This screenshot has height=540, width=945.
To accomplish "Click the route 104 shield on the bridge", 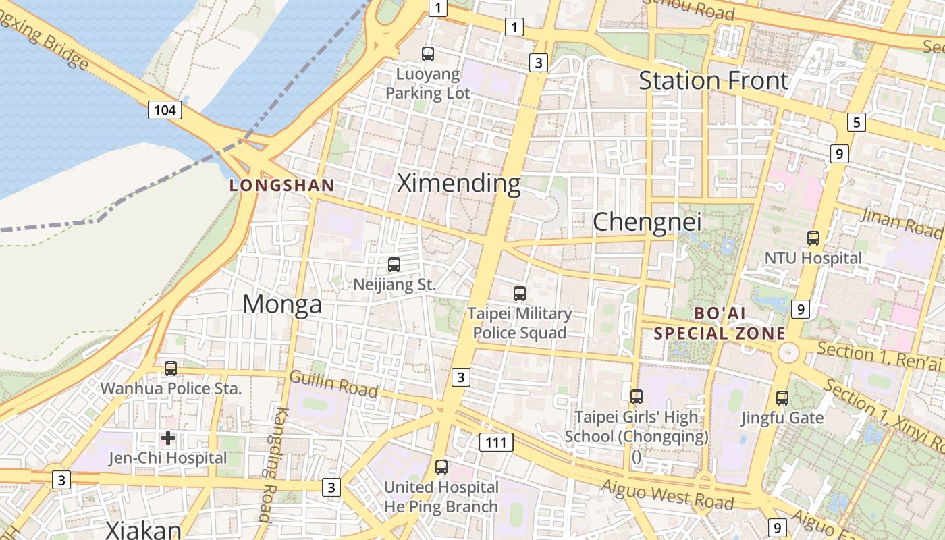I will click(x=165, y=109).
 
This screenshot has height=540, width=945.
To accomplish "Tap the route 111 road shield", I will click(x=496, y=442).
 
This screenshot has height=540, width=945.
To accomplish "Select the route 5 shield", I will click(x=857, y=122).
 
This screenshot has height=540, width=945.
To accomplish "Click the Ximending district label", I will click(x=459, y=183).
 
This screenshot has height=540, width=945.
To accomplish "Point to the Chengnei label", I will click(x=647, y=221).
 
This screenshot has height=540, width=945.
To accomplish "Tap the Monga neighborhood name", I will click(x=282, y=304).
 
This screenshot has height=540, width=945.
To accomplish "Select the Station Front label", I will click(x=713, y=80).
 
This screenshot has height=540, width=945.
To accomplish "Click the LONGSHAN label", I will click(x=282, y=185).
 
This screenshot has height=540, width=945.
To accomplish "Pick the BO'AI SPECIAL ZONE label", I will click(x=720, y=323).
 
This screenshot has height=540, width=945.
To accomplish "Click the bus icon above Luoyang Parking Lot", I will click(x=428, y=54).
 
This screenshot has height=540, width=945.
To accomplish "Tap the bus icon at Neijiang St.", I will click(x=394, y=265).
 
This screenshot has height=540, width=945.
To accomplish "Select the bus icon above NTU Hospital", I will click(x=813, y=238).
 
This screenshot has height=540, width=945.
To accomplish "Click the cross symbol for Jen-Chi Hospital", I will click(x=168, y=439).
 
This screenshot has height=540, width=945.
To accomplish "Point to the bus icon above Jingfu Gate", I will click(x=782, y=398).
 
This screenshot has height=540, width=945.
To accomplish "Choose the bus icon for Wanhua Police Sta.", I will click(x=171, y=369).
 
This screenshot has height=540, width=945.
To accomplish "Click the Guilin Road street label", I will click(x=333, y=383).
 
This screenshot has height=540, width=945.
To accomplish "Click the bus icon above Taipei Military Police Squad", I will click(x=519, y=294).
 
